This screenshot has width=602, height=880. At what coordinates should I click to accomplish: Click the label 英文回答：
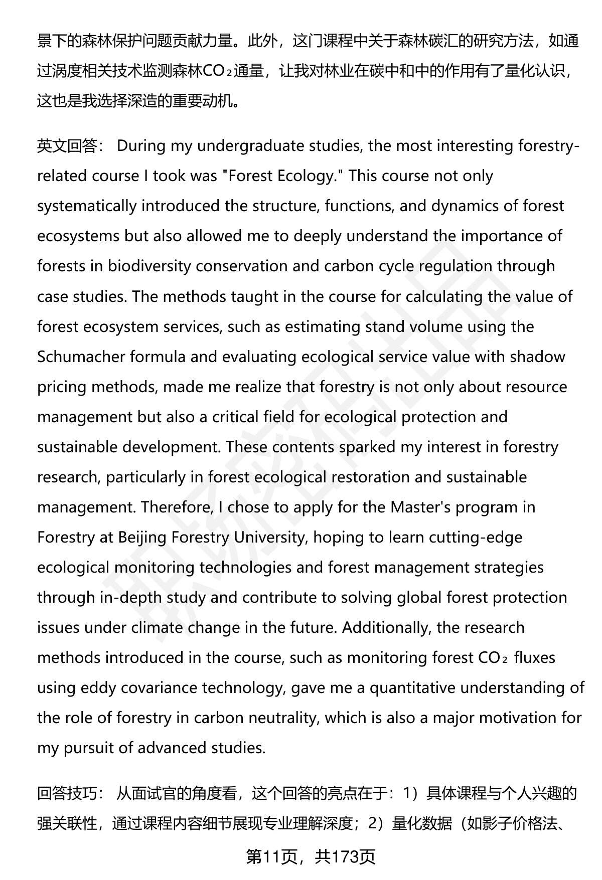[70, 146]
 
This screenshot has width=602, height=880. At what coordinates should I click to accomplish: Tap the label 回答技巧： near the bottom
[70, 793]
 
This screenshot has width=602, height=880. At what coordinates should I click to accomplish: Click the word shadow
[537, 357]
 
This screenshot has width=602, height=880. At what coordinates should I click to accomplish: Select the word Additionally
[383, 627]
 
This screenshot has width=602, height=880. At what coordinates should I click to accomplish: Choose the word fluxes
[535, 657]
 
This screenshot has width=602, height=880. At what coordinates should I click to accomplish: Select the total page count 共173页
[345, 857]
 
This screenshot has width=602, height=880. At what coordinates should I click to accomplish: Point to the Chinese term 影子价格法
[512, 823]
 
